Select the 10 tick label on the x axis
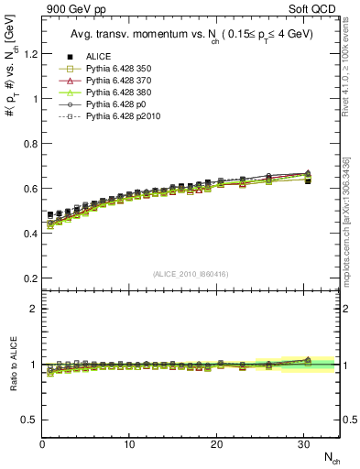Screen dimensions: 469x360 click(129, 444)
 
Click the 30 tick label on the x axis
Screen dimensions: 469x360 click(303, 444)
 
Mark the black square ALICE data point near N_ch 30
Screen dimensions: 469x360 click(308, 181)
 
